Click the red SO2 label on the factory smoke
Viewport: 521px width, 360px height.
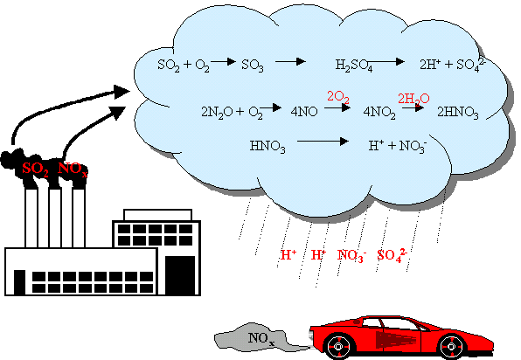coord(36,169)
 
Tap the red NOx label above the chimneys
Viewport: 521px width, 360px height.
coord(73,169)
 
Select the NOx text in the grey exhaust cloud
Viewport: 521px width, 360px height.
coord(261,339)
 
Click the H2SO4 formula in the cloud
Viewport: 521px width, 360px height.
coord(354,65)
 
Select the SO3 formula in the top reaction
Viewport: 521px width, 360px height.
coord(253,65)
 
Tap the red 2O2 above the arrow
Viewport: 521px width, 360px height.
coord(338,97)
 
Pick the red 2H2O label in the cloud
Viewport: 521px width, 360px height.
coord(413,99)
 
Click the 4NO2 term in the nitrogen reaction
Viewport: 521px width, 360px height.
coord(379,112)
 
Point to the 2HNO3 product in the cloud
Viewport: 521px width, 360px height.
coord(458,112)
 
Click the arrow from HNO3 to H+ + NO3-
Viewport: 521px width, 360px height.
coord(323,142)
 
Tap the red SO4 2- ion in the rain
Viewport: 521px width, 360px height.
coord(392,255)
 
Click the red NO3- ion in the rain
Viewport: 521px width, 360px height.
coord(352,255)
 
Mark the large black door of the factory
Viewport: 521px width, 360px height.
coord(180,275)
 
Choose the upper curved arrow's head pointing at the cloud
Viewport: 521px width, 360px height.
coord(121,92)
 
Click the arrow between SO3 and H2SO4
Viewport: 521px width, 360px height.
coord(290,61)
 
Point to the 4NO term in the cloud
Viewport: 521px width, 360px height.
coord(304,112)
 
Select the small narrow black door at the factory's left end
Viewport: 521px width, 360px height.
coord(19,282)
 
